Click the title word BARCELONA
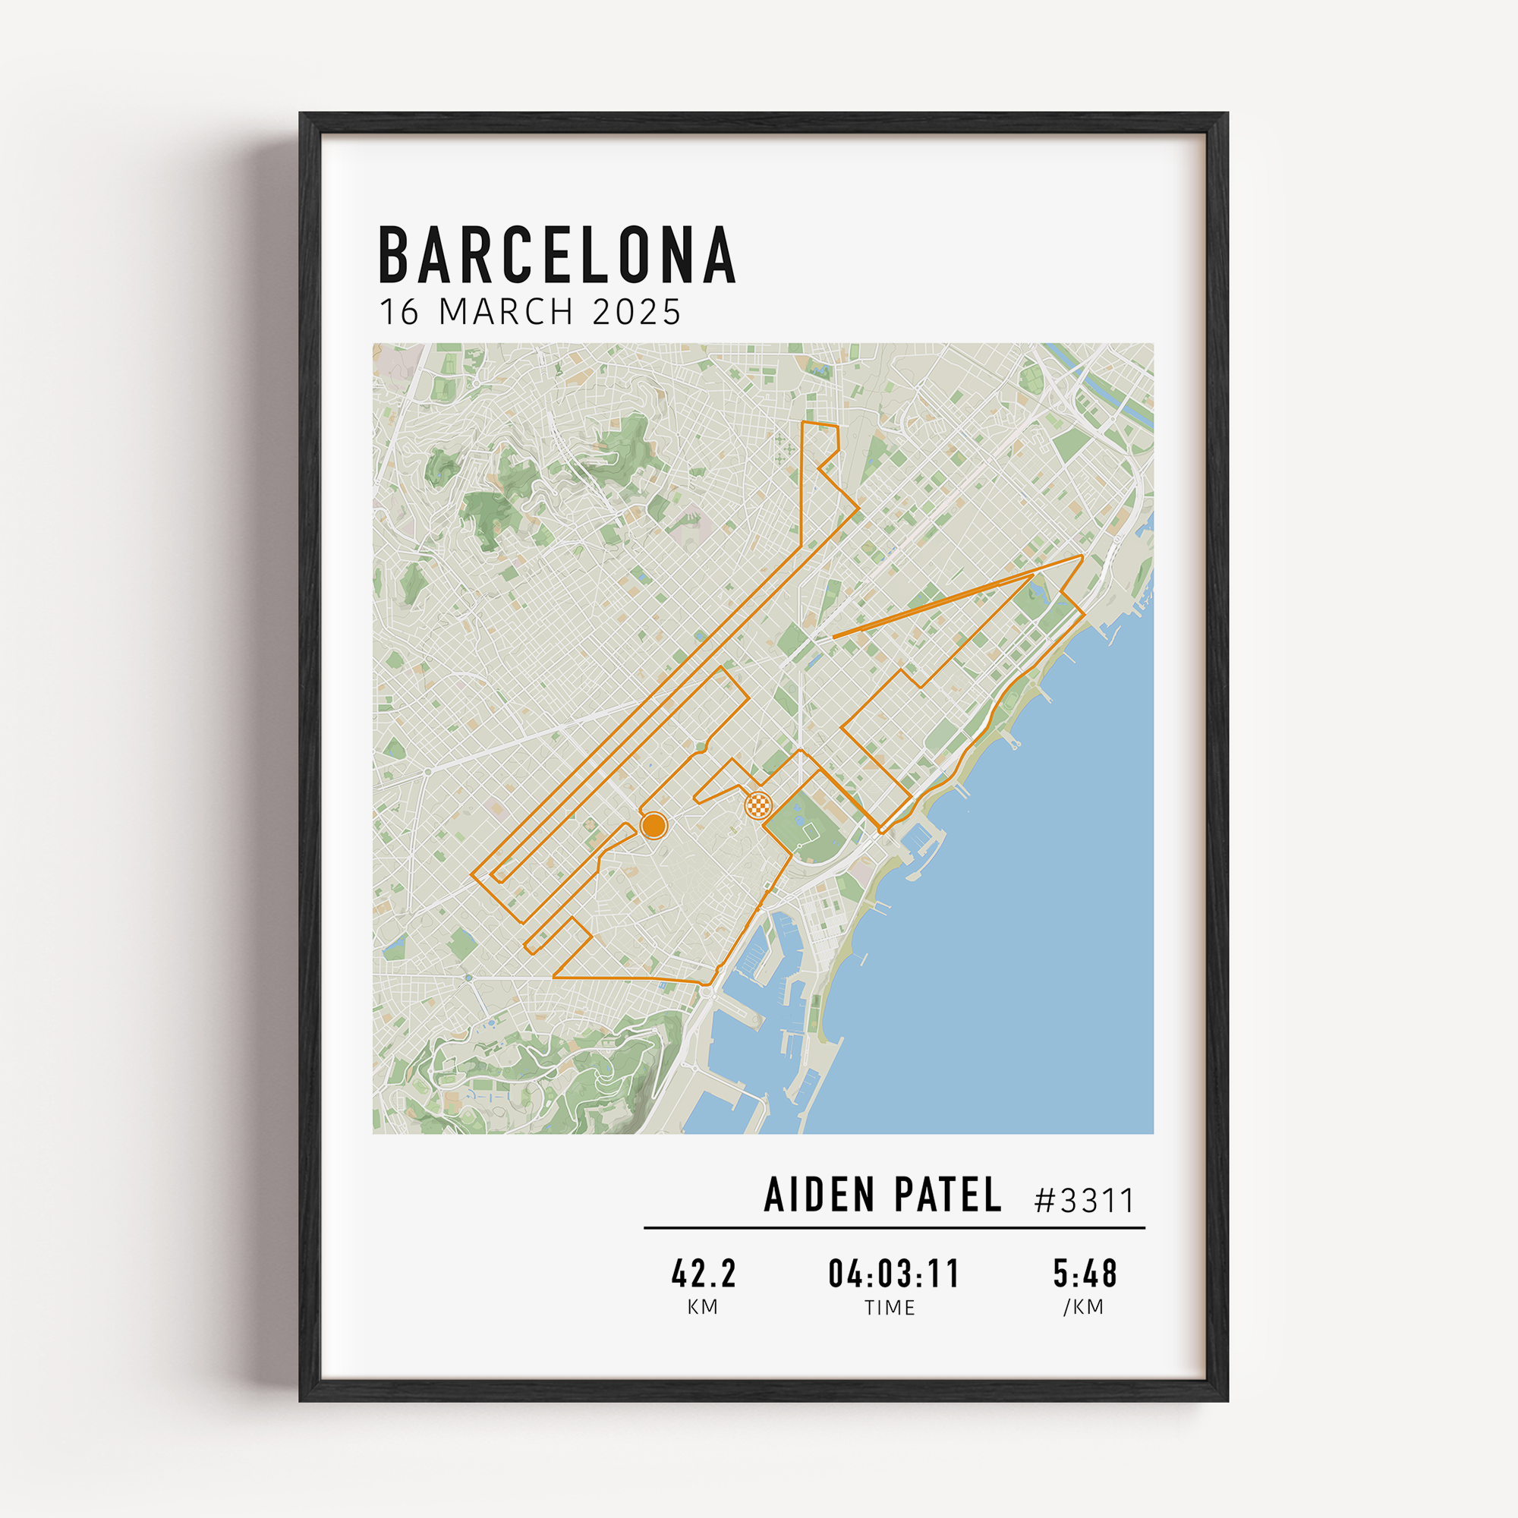pos(557,254)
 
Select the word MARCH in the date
pos(506,312)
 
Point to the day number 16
pos(401,312)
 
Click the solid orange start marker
pos(653,826)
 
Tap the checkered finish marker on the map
pos(758,805)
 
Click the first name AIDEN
pos(819,1195)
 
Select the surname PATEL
pos(947,1195)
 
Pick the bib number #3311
pos(1085,1201)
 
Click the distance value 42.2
pos(704,1274)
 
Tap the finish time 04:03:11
pos(893,1274)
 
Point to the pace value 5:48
pos(1085,1274)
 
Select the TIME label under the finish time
pos(890,1308)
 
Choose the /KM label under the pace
pos(1084,1307)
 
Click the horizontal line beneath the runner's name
pos(894,1227)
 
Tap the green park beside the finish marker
pos(805,830)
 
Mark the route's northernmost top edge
pos(820,424)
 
